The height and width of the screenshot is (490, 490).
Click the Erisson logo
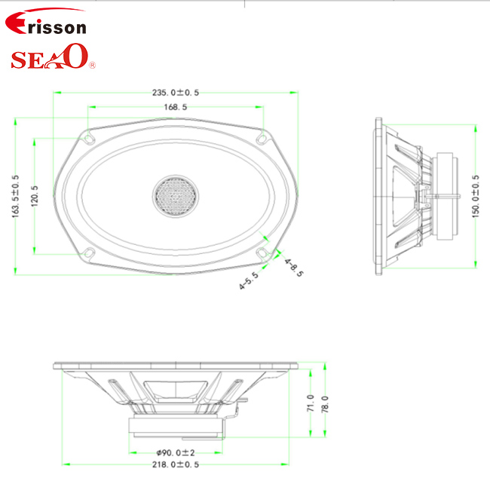(x=46, y=22)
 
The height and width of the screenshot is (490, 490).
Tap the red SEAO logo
(x=53, y=57)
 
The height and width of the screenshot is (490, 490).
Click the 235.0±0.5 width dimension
(x=176, y=93)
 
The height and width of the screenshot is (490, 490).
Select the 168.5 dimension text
(x=176, y=107)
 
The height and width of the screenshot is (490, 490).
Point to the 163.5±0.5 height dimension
(x=15, y=196)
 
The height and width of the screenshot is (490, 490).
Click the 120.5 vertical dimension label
(x=35, y=196)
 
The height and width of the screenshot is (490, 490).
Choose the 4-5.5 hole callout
(x=249, y=280)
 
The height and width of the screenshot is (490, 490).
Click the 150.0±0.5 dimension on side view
(x=476, y=196)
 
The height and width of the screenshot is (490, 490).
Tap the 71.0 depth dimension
(x=311, y=403)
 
